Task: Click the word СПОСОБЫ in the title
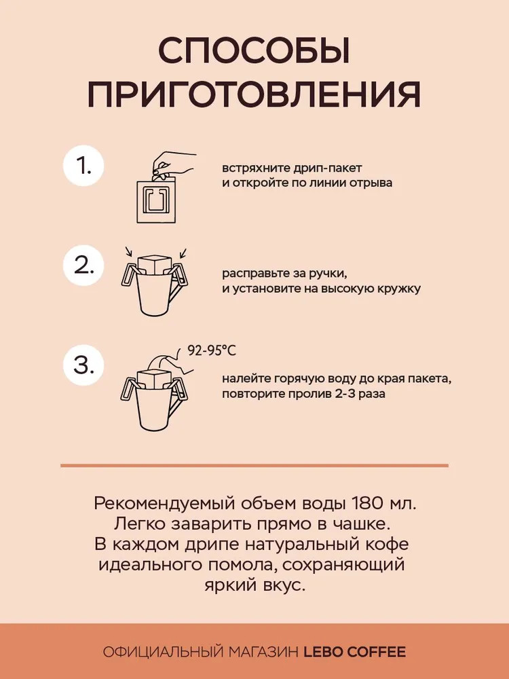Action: coord(254,52)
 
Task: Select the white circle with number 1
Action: coord(83,166)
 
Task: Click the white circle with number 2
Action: coord(83,265)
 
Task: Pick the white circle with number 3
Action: coord(83,365)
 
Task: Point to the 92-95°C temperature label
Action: coord(212,350)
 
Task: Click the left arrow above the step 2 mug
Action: coord(128,252)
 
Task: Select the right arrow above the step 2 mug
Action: coord(183,253)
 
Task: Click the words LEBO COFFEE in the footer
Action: coord(355,652)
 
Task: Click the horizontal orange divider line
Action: coord(254,466)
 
